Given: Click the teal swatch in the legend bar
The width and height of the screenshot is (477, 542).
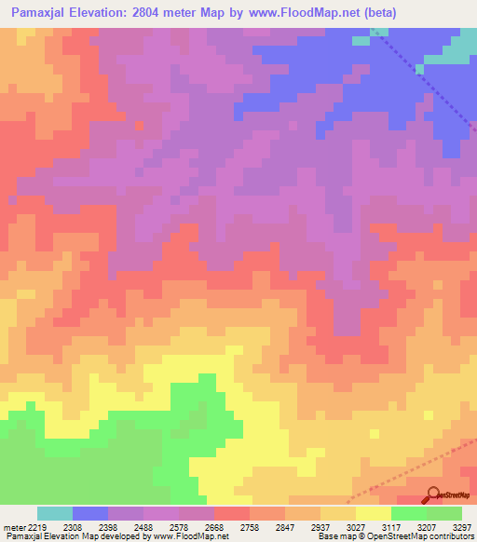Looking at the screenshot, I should [x=55, y=512].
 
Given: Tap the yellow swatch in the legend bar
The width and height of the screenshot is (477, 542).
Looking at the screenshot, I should [x=374, y=512].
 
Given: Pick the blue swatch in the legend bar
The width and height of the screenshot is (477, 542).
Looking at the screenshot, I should [x=90, y=512].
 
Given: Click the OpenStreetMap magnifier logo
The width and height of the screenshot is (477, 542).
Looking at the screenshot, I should [x=432, y=495].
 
